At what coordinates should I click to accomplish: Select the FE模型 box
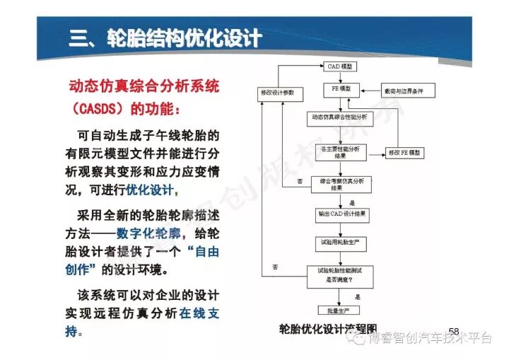pos(342,90)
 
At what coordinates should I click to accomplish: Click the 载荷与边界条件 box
pos(407,91)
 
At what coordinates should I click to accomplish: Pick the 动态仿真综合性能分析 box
pos(339,115)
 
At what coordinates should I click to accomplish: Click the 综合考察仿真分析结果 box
pos(342,182)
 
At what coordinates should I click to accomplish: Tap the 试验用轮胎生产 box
pos(341,242)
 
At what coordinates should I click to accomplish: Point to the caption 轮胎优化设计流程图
pos(329,329)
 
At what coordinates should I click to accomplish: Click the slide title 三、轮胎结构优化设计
pos(165,37)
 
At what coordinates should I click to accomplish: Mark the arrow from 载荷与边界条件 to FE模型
pos(371,91)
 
